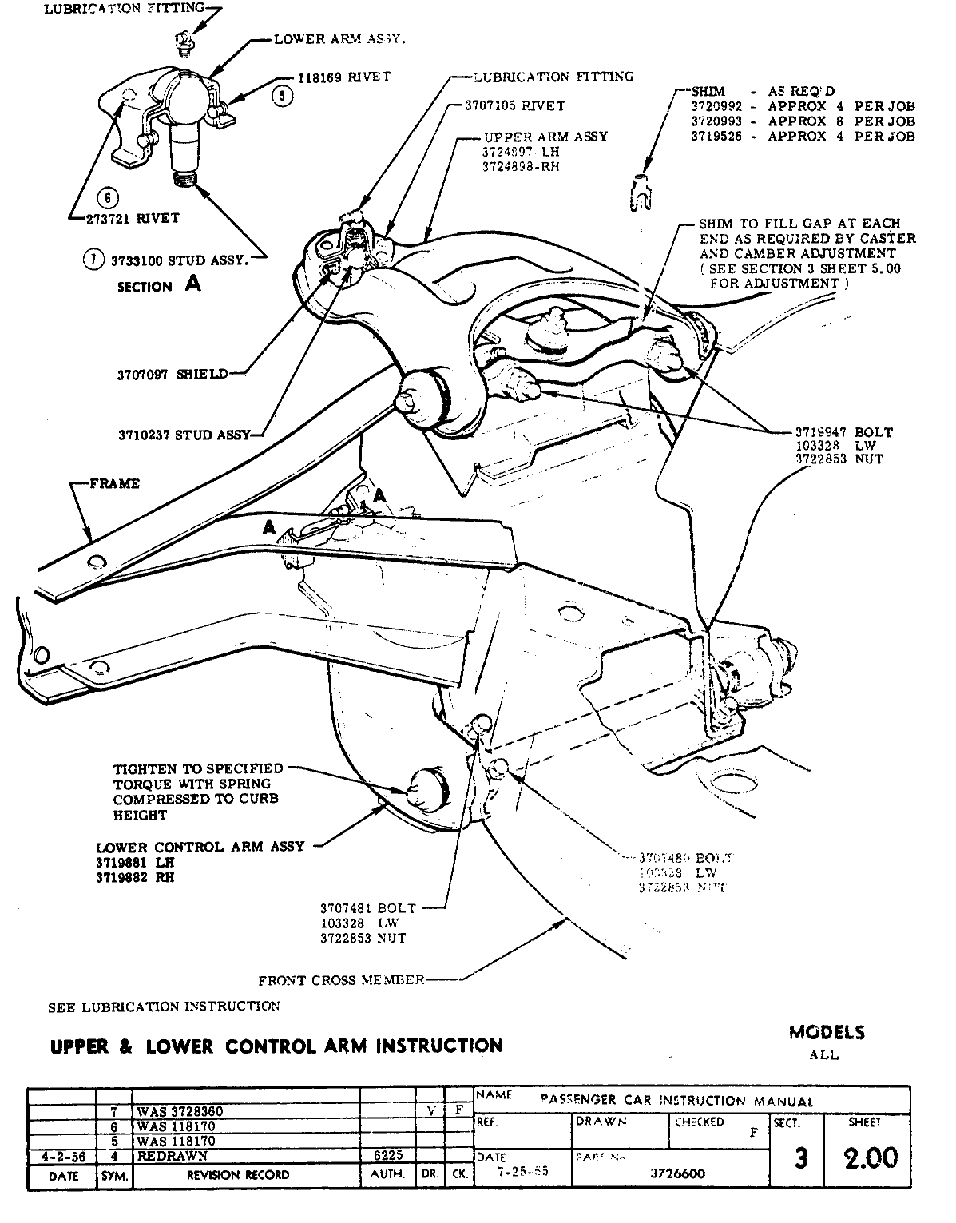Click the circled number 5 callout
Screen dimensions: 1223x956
[x=284, y=96]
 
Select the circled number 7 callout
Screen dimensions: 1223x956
[x=95, y=259]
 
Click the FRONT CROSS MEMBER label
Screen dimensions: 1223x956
[x=341, y=979]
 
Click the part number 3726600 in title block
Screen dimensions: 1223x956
[x=679, y=1173]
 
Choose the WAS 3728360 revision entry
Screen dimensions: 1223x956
[x=180, y=1111]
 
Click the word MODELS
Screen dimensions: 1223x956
[x=827, y=1032]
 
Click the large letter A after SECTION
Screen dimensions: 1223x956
[x=192, y=283]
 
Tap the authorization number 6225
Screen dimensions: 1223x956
[x=387, y=1155]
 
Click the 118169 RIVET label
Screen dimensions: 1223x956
[x=345, y=77]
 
